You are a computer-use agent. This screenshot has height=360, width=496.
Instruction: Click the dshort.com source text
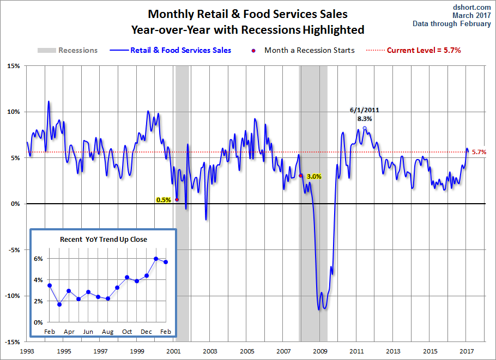tap(471, 7)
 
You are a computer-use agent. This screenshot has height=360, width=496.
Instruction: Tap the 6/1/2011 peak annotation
tap(365, 110)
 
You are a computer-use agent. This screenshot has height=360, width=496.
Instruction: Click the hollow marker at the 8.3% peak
tap(365, 129)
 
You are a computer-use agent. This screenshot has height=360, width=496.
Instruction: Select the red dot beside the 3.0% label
tap(301, 175)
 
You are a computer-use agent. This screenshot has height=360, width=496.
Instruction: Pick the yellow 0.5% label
tap(164, 200)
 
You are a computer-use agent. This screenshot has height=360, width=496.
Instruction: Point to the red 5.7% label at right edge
tap(479, 152)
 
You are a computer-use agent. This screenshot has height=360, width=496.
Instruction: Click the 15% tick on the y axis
tap(13, 66)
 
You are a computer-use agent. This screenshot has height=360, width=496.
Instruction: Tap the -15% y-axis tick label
tap(12, 342)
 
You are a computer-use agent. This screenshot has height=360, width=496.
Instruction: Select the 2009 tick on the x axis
tap(320, 351)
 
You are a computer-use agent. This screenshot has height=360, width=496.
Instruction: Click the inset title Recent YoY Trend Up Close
tap(103, 239)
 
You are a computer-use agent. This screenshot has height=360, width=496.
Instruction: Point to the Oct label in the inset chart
tap(127, 332)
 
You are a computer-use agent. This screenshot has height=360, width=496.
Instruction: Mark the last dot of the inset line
tap(166, 262)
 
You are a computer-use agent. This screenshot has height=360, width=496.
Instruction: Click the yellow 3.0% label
tap(314, 176)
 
